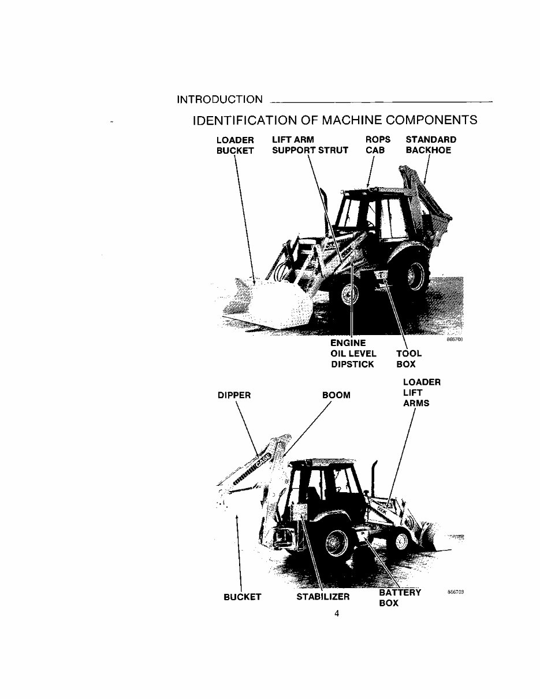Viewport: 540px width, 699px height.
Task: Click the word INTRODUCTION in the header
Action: (x=220, y=99)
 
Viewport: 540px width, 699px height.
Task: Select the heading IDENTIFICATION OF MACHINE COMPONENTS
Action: (x=336, y=120)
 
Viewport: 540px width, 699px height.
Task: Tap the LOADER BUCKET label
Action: (x=235, y=145)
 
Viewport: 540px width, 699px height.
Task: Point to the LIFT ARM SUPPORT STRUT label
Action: (x=310, y=145)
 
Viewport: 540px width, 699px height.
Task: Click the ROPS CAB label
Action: (x=378, y=145)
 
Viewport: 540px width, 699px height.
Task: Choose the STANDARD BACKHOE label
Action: (x=430, y=145)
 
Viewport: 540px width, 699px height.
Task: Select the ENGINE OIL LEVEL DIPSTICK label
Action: (x=353, y=354)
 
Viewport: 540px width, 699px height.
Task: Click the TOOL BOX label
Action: (x=409, y=359)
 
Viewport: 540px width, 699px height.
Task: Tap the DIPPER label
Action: (x=234, y=396)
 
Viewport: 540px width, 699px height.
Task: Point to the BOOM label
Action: (x=336, y=396)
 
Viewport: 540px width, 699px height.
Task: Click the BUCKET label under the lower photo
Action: (x=242, y=597)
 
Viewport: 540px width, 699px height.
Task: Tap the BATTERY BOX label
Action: (x=400, y=598)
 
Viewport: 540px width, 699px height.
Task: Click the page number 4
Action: (x=336, y=614)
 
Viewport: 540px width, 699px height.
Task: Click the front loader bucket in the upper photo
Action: (x=271, y=303)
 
